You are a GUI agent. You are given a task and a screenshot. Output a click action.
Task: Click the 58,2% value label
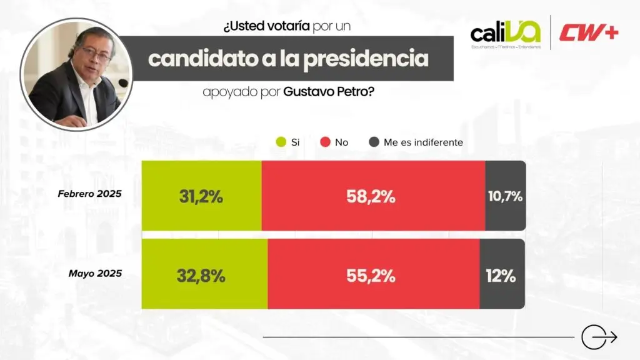click(371, 196)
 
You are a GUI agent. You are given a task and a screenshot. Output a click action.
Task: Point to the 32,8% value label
click(201, 276)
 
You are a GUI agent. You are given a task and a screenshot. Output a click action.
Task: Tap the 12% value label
click(501, 276)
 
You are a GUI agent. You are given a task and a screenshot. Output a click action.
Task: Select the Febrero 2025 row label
click(89, 194)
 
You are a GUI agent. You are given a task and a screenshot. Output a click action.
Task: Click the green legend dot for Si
click(281, 142)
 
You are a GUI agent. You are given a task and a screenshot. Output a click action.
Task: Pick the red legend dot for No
click(325, 142)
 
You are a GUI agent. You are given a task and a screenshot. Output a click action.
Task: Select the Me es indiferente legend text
click(423, 142)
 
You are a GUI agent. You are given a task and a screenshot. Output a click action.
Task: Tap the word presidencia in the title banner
click(368, 59)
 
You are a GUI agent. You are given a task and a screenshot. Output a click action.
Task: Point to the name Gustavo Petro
click(329, 92)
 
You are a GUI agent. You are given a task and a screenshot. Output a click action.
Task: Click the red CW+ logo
click(589, 33)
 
